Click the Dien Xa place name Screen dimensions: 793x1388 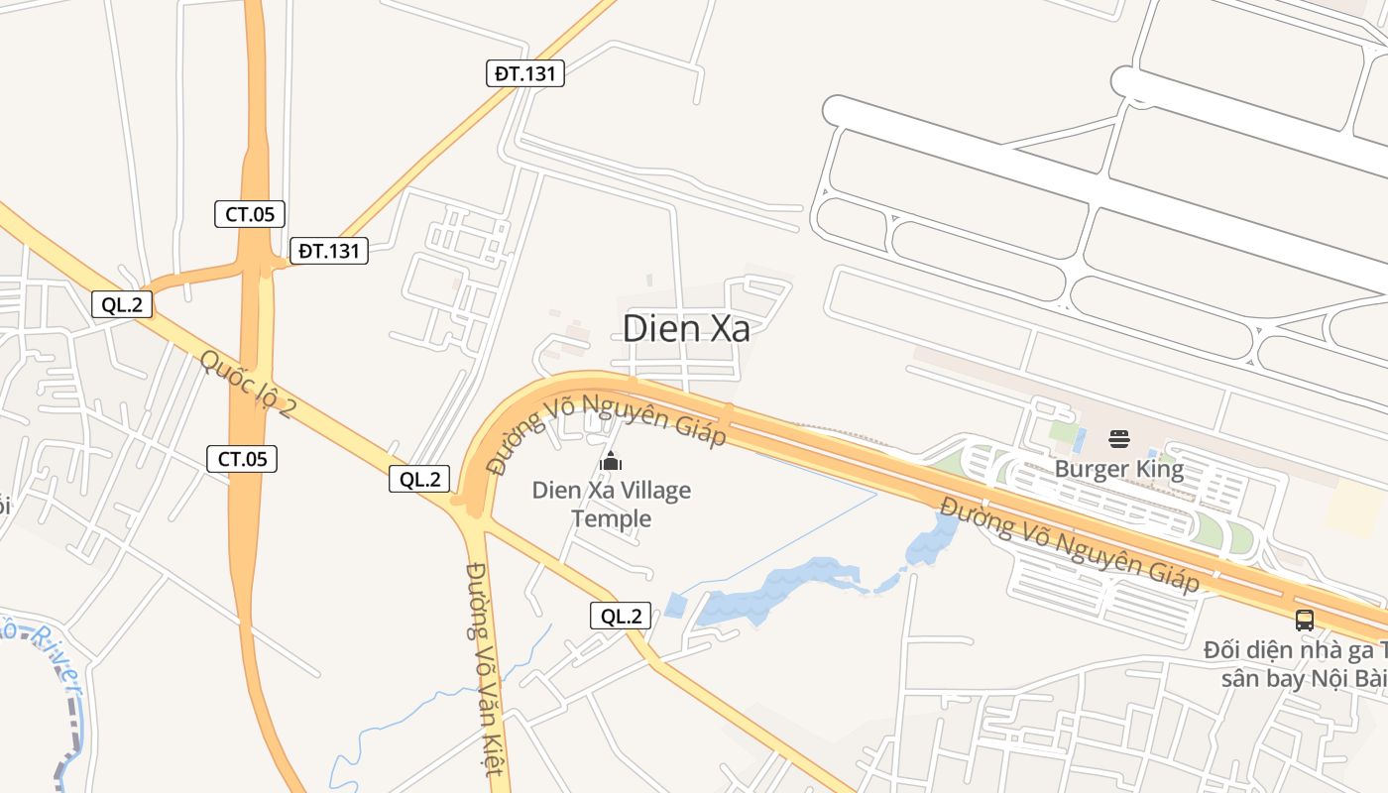pyautogui.click(x=686, y=329)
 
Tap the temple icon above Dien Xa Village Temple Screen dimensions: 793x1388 pyautogui.click(x=611, y=461)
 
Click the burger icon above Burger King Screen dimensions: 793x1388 pyautogui.click(x=1119, y=439)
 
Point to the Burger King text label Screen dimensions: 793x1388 pyautogui.click(x=1119, y=469)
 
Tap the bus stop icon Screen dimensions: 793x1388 pyautogui.click(x=1305, y=621)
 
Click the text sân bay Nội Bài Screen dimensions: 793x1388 pyautogui.click(x=1304, y=679)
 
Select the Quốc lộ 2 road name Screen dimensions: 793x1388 pyautogui.click(x=247, y=383)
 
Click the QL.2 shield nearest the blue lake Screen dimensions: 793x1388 pyautogui.click(x=622, y=616)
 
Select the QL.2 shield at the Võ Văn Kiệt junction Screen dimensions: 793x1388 pyautogui.click(x=419, y=479)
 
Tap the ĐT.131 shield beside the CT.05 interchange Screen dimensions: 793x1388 pyautogui.click(x=329, y=251)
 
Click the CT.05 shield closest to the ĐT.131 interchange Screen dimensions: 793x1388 pyautogui.click(x=250, y=213)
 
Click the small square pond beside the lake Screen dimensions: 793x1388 pyautogui.click(x=675, y=605)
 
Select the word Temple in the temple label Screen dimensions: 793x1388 pyautogui.click(x=612, y=518)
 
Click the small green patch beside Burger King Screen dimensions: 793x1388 pyautogui.click(x=1063, y=433)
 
